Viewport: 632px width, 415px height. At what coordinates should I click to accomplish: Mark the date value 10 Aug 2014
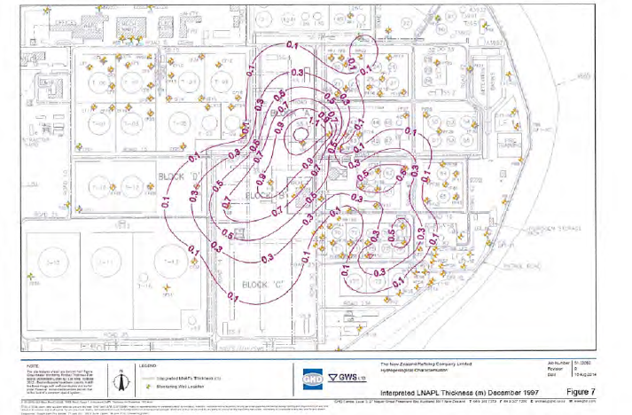point(607,378)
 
